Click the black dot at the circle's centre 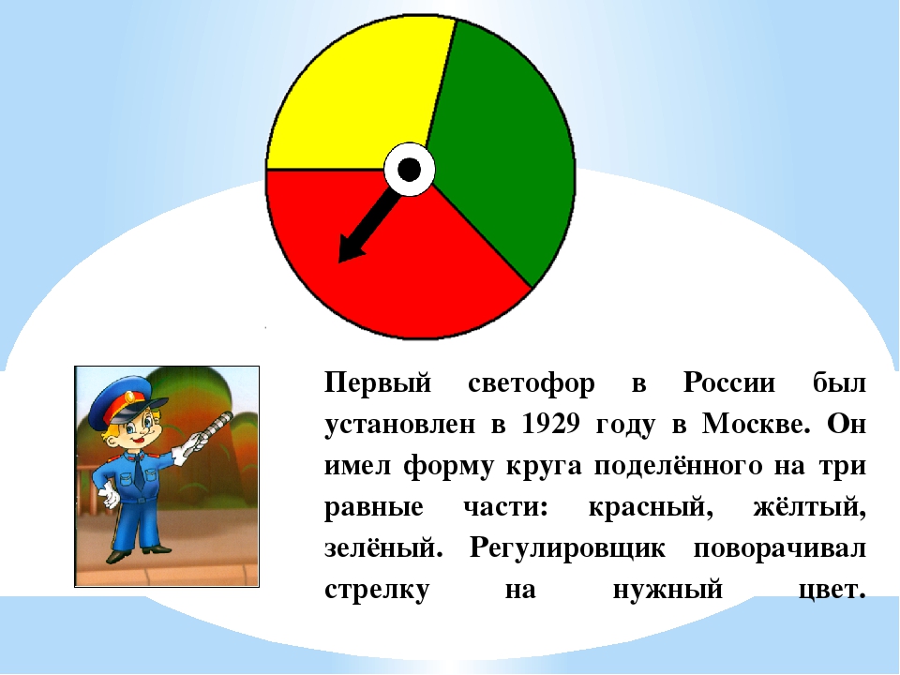pyautogui.click(x=410, y=170)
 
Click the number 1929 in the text pyautogui.click(x=551, y=424)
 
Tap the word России pyautogui.click(x=729, y=382)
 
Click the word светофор pyautogui.click(x=531, y=383)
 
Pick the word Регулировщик pyautogui.click(x=567, y=548)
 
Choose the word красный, pyautogui.click(x=651, y=507)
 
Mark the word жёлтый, pyautogui.click(x=809, y=506)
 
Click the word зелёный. pyautogui.click(x=383, y=547)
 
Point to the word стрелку pyautogui.click(x=377, y=590)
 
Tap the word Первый pyautogui.click(x=378, y=383)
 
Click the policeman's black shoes pyautogui.click(x=138, y=552)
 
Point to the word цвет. pyautogui.click(x=832, y=590)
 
